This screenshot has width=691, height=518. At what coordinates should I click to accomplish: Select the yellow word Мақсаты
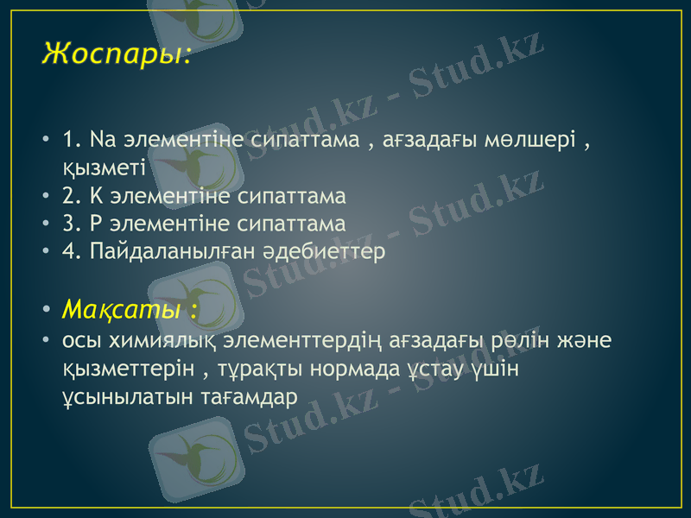122,308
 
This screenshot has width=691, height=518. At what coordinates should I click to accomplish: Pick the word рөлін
513,340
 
